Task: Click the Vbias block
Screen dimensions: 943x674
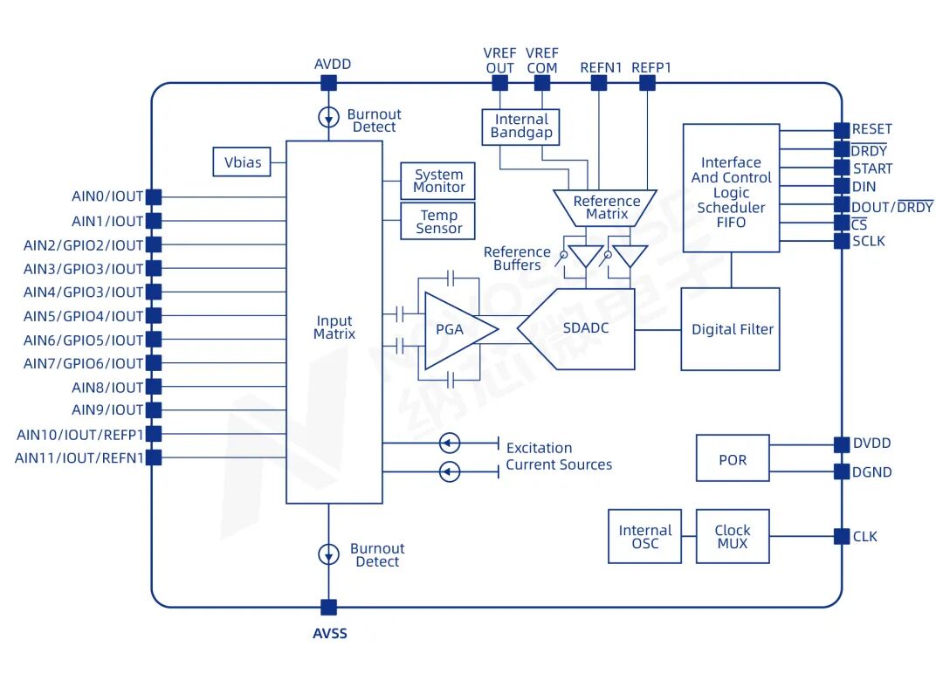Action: (242, 162)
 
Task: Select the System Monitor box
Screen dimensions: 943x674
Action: (437, 181)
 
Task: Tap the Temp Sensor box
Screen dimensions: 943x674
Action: (437, 221)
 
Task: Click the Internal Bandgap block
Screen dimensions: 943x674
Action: (520, 127)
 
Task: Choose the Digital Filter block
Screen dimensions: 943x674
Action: (730, 329)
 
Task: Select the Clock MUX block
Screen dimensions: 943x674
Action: (733, 536)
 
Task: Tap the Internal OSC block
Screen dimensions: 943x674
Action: (644, 536)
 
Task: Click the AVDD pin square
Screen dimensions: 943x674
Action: (328, 82)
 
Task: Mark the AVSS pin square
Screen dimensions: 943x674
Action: (328, 608)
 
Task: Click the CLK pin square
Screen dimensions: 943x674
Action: (842, 536)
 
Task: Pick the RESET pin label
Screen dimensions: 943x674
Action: (872, 129)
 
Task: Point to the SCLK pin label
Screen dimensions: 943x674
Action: (869, 241)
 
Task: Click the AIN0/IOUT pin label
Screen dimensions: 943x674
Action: (107, 196)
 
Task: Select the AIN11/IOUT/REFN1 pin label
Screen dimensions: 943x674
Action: (79, 458)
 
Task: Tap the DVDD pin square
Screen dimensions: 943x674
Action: (842, 444)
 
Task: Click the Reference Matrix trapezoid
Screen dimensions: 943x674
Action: (605, 208)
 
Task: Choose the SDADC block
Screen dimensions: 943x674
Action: (576, 329)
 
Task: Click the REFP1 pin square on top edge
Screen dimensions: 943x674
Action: (647, 82)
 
